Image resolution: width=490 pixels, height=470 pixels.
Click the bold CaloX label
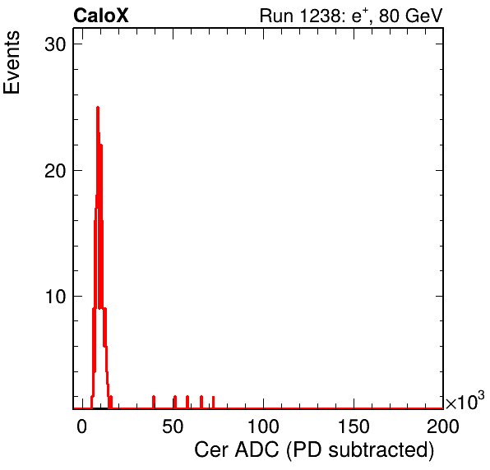(100, 16)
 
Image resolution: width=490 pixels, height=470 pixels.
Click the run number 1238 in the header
(319, 16)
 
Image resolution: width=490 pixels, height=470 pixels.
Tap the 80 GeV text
(410, 16)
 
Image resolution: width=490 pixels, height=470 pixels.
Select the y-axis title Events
(12, 62)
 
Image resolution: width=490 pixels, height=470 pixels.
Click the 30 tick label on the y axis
(55, 44)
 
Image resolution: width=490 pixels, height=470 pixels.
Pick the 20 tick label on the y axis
(55, 171)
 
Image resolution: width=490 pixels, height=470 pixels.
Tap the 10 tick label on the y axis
(55, 297)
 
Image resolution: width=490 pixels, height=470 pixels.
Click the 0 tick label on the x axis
(82, 426)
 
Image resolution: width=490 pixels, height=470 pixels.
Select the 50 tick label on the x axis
(173, 426)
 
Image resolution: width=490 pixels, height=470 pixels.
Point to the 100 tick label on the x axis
(263, 426)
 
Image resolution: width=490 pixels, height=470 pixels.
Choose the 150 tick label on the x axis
(354, 426)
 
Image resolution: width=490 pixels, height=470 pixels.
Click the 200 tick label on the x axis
(443, 426)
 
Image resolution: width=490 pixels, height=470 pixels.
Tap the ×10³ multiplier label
(465, 401)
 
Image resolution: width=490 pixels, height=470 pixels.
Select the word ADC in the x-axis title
(257, 450)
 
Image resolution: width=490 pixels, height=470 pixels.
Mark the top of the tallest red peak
(98, 108)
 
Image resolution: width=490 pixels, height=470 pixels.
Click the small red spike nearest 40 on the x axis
(154, 402)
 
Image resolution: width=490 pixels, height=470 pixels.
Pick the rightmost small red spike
(213, 403)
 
